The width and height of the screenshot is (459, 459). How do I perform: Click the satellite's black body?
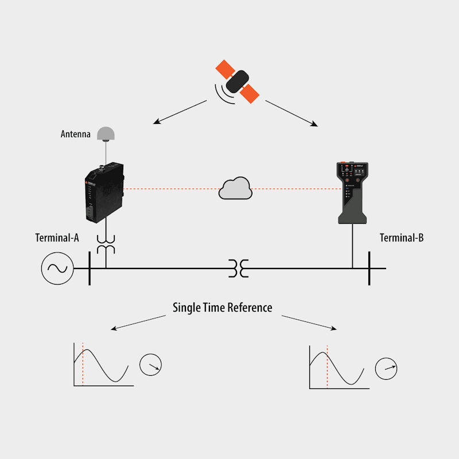pyautogui.click(x=238, y=81)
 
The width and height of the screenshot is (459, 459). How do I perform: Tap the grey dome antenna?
pyautogui.click(x=106, y=134)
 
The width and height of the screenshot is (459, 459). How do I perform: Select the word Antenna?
pyautogui.click(x=76, y=134)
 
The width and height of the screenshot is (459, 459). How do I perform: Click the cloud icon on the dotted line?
pyautogui.click(x=235, y=189)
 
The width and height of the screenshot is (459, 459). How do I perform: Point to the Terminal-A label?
pyautogui.click(x=57, y=238)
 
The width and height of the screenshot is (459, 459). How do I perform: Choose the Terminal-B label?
pyautogui.click(x=402, y=238)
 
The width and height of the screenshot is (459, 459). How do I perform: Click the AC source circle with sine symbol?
pyautogui.click(x=57, y=268)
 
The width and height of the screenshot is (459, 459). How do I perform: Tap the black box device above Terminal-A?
pyautogui.click(x=104, y=192)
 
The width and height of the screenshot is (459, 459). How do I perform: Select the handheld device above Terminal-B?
pyautogui.click(x=352, y=193)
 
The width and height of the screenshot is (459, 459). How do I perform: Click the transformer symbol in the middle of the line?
pyautogui.click(x=239, y=268)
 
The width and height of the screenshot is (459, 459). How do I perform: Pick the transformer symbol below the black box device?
pyautogui.click(x=106, y=244)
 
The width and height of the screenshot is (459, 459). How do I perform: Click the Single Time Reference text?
pyautogui.click(x=223, y=308)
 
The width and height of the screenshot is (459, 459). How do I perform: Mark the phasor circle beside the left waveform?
pyautogui.click(x=150, y=365)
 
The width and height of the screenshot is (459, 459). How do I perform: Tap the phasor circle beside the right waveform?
pyautogui.click(x=386, y=368)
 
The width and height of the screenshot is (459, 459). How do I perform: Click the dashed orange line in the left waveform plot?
pyautogui.click(x=83, y=364)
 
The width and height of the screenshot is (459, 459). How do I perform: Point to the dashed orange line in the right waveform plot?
pyautogui.click(x=327, y=367)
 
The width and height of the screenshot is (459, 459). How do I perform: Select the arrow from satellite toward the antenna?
pyautogui.click(x=180, y=112)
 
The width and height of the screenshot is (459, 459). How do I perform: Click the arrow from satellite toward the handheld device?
pyautogui.click(x=291, y=113)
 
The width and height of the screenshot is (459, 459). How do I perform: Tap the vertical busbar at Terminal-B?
pyautogui.click(x=369, y=268)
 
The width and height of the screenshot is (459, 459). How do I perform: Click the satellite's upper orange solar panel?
pyautogui.click(x=225, y=69)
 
